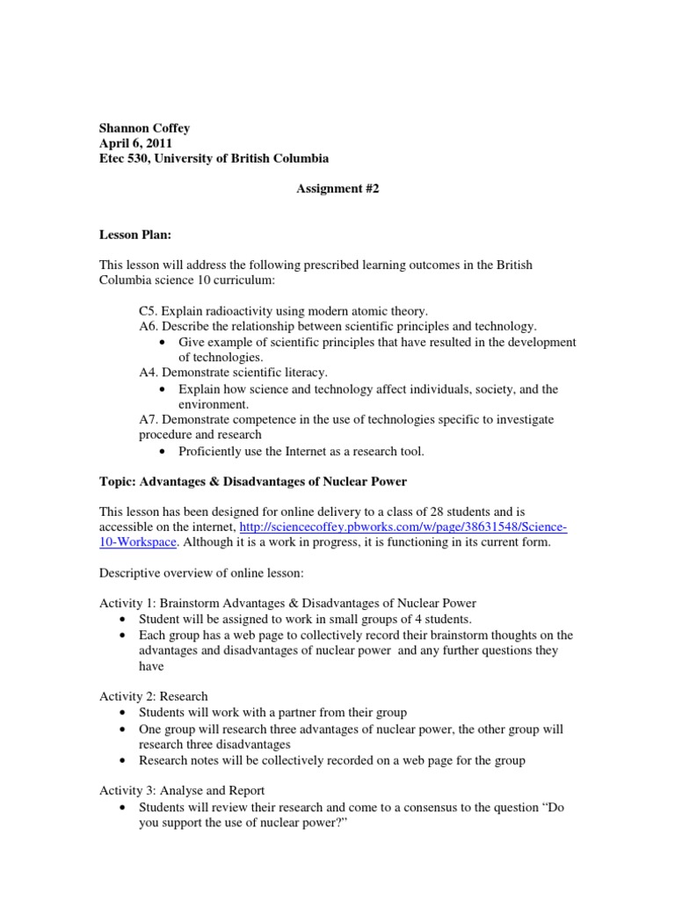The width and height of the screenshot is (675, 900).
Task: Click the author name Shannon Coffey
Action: (144, 127)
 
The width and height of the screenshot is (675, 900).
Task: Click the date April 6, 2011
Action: (135, 143)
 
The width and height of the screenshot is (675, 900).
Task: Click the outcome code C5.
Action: (148, 310)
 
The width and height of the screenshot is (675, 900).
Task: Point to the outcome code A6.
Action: (149, 326)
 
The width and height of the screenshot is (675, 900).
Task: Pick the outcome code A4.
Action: (149, 373)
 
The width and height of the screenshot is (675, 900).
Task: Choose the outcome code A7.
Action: (149, 419)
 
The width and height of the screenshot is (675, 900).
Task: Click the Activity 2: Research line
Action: (154, 696)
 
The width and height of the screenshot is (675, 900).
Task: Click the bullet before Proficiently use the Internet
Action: (167, 452)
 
